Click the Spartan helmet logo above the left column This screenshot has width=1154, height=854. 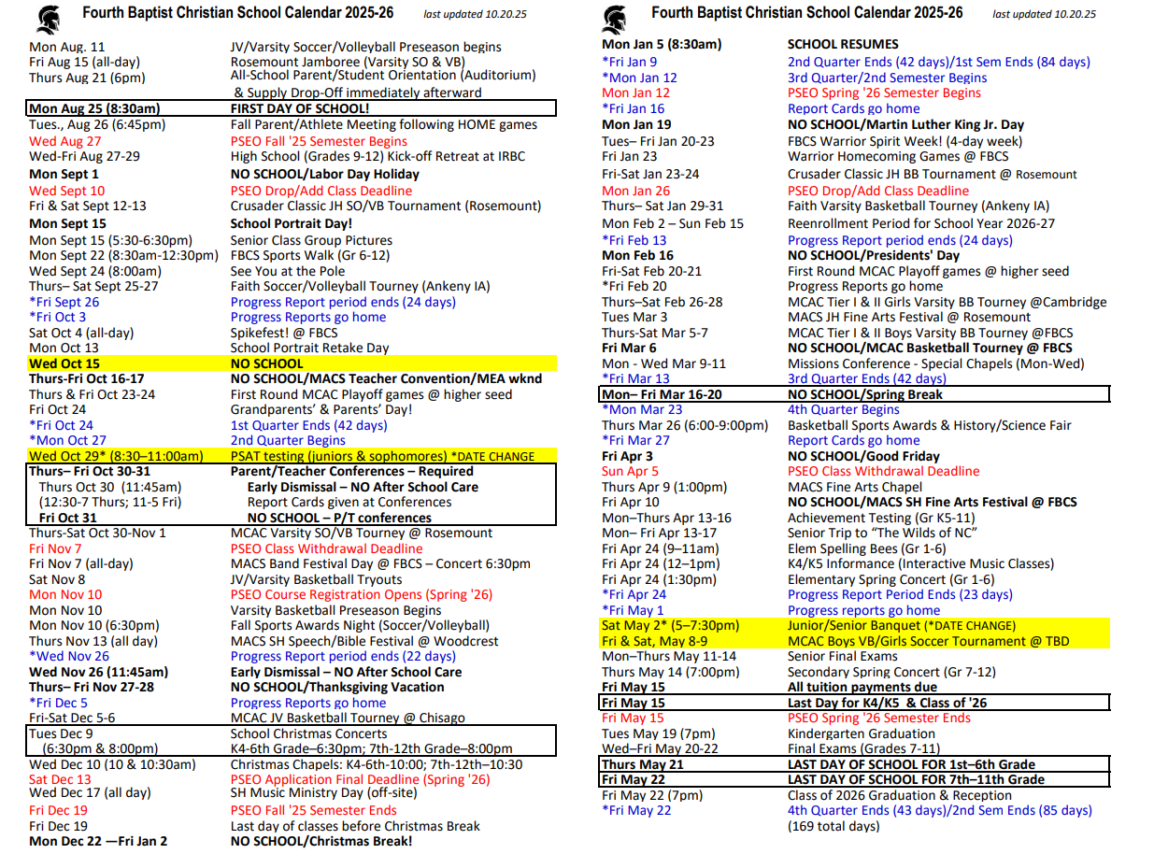50,17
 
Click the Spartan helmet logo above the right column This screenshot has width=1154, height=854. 615,17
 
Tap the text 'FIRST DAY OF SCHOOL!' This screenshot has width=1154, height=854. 300,108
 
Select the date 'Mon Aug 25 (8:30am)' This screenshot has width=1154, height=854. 94,108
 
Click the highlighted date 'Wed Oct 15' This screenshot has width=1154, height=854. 64,363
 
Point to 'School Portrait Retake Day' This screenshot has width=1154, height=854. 309,348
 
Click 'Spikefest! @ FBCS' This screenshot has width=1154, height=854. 285,333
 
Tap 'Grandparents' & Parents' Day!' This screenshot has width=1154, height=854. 321,409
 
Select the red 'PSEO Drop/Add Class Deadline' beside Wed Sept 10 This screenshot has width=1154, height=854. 321,191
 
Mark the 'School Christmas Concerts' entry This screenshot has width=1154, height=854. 308,733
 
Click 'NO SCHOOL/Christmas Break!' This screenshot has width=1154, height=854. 321,841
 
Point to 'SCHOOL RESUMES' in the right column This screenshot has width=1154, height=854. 843,44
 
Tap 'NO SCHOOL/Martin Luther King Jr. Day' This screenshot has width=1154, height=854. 905,124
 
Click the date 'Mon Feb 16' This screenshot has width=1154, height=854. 637,255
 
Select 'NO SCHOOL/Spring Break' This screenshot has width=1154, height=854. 865,394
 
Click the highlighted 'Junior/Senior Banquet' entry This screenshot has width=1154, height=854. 854,625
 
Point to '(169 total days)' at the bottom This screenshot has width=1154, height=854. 833,826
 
